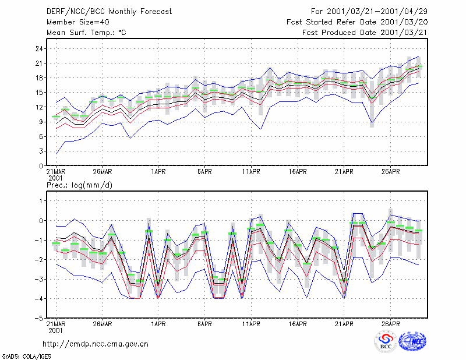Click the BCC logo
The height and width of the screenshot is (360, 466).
(386, 341)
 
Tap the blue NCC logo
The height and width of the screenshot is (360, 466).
(412, 341)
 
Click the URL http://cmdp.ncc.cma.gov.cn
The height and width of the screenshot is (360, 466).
(96, 344)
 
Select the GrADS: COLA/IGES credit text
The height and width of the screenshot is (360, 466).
(26, 357)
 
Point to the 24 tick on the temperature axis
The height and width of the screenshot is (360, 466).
(39, 48)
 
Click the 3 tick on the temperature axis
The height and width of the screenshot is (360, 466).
(41, 151)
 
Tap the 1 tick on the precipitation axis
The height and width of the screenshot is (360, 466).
(41, 201)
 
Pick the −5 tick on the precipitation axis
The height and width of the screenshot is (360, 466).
(39, 318)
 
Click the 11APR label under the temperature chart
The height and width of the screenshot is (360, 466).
(251, 172)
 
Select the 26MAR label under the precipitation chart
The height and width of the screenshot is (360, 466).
(103, 324)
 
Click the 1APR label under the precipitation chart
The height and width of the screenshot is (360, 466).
(158, 324)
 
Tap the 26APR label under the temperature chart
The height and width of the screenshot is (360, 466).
(390, 172)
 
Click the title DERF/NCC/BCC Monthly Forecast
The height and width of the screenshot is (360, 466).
(109, 12)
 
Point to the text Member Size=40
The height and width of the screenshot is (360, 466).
(78, 22)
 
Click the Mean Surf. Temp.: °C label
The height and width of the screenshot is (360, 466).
(86, 33)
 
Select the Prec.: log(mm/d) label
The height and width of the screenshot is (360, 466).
(79, 185)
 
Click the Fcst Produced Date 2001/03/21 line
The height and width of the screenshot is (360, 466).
(365, 33)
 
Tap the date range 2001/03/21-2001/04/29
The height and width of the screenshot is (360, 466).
(377, 12)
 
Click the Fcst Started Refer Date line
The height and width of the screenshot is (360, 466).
(357, 22)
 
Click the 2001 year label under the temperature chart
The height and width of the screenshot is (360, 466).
(55, 178)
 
